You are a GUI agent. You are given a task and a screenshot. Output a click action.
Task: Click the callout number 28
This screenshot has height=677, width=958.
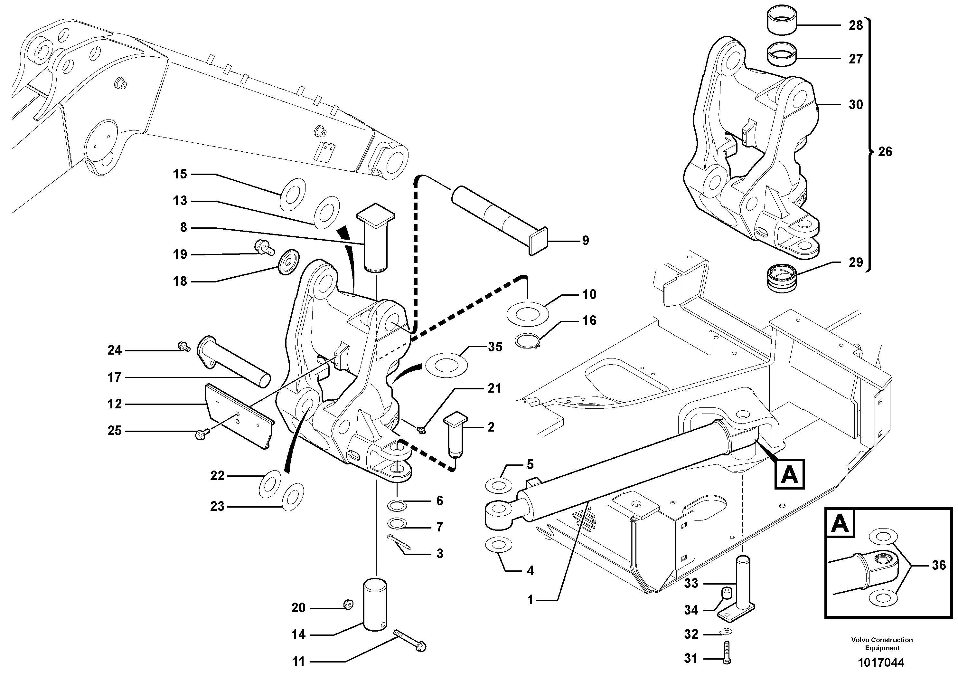[x=855, y=25]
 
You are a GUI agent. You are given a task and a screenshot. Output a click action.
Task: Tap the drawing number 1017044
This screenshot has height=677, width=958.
[x=881, y=663]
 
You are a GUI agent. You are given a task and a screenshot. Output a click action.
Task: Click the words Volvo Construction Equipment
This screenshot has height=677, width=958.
[x=882, y=644]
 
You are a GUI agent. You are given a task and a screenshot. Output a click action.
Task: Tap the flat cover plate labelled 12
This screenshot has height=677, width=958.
[x=238, y=416]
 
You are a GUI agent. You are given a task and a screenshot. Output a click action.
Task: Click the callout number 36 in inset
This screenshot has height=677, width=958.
[x=939, y=565]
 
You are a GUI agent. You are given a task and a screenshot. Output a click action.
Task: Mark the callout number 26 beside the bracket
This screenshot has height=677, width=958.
[x=885, y=151]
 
